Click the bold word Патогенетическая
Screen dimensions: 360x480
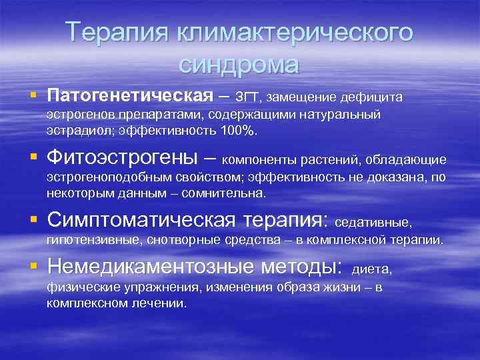click(x=129, y=96)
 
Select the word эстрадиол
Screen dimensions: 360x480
click(x=73, y=131)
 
